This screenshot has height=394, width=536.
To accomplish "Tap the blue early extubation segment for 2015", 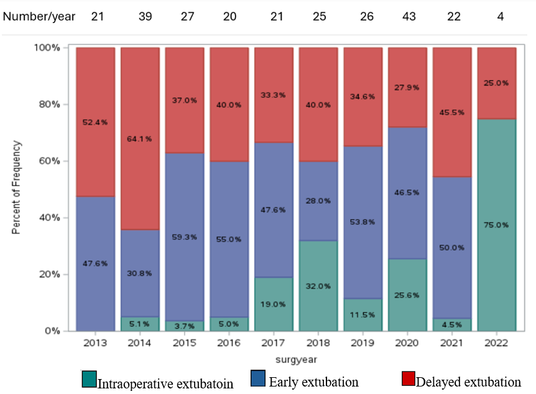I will [x=184, y=237].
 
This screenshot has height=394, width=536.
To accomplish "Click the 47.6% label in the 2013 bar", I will [x=95, y=263].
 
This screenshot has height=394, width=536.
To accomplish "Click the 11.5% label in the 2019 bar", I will [x=363, y=315].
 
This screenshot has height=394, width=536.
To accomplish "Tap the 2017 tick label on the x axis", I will [x=273, y=343].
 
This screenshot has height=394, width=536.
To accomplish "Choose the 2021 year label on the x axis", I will [x=451, y=343].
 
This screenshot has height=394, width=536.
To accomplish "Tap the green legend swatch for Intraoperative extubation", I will [x=89, y=379].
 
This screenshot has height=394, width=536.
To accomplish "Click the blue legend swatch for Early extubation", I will [x=258, y=379].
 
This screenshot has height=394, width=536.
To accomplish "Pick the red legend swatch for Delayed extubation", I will [x=407, y=379].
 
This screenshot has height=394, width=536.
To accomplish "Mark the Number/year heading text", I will [x=39, y=16].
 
